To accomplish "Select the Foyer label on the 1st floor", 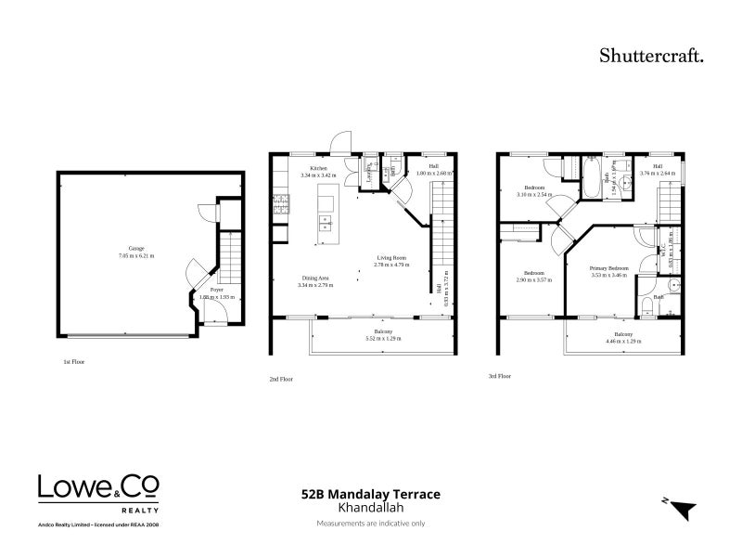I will point(216,290).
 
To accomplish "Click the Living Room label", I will point(391,259).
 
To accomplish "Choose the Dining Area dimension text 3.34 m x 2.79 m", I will point(316,285).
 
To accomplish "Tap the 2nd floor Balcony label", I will point(383,332).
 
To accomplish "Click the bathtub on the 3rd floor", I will point(591,182).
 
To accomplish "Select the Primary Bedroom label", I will point(609,268).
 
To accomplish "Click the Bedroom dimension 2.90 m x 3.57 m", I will point(534,279).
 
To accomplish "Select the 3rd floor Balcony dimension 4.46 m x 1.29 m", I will point(622,342).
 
